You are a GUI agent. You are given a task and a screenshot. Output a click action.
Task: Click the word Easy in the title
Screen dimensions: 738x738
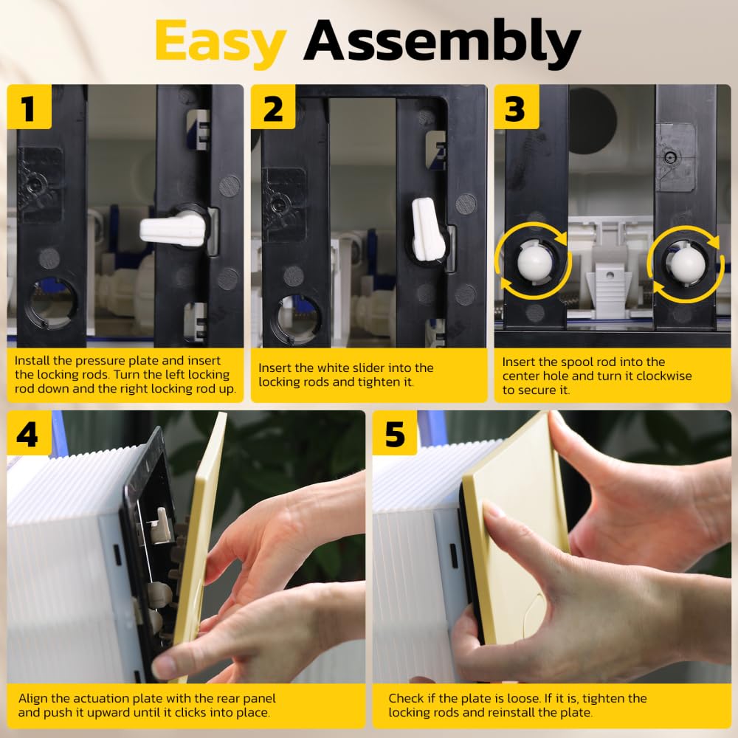coord(220,44)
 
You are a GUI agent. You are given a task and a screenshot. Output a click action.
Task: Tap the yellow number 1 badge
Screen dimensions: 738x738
coord(30,107)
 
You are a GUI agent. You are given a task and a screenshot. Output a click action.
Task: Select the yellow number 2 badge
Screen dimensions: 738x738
coord(273,107)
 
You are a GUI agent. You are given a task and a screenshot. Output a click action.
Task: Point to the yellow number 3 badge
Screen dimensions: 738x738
coord(517,107)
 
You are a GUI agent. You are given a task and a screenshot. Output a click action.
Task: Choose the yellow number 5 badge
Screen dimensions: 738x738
coord(394,433)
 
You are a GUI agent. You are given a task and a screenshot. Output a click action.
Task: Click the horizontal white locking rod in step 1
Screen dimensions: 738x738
coord(173,230)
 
